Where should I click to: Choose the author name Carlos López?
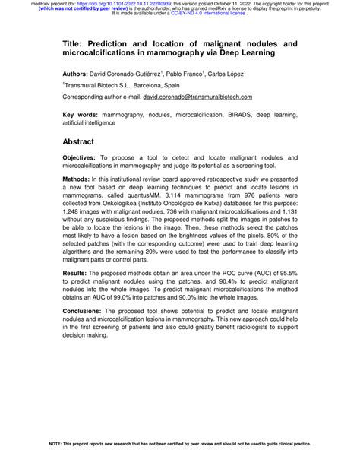click(x=245, y=76)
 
